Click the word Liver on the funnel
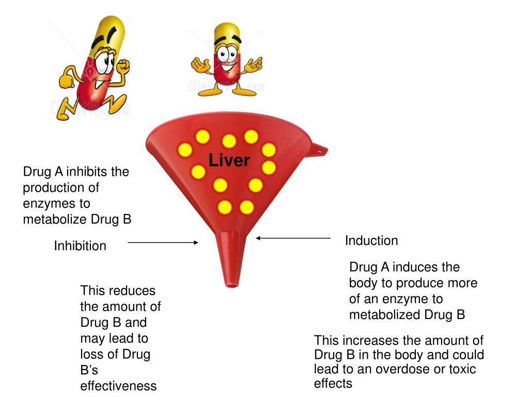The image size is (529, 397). pos(229,161)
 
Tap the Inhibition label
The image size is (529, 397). pos(80,246)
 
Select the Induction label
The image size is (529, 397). pos(371,241)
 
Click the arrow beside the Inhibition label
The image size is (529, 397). pos(163,242)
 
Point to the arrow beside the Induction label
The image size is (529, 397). pos(293,238)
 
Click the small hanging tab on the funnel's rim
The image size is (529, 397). pos(320,149)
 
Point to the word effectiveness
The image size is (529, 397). pos(118,386)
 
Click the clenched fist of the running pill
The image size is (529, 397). pos(123,67)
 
